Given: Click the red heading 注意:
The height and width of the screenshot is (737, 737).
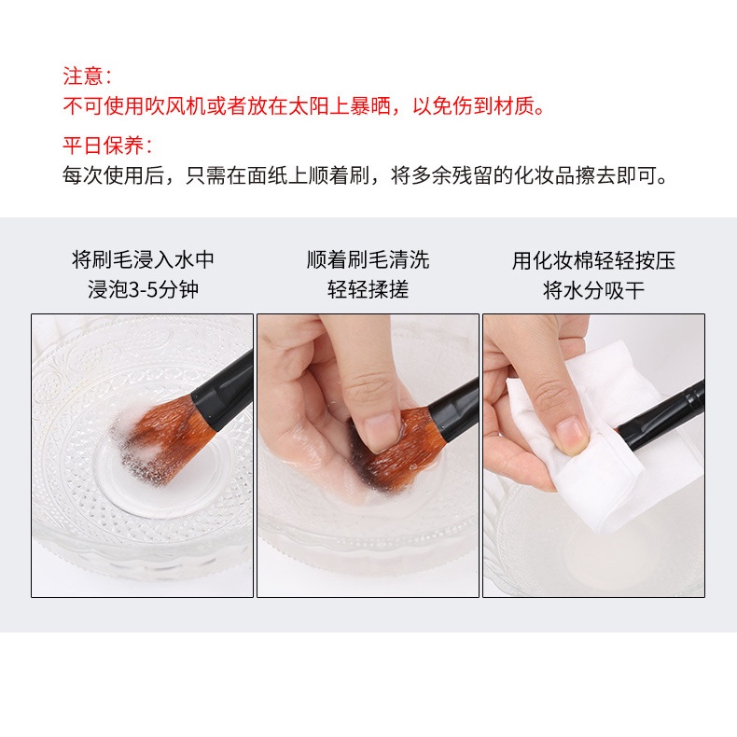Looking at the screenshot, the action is pyautogui.click(x=87, y=76).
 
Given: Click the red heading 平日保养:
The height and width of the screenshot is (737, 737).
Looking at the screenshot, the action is pyautogui.click(x=107, y=146).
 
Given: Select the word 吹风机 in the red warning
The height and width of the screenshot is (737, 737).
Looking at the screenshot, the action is pyautogui.click(x=174, y=106).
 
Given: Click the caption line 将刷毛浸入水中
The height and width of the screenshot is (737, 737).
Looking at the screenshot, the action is pyautogui.click(x=143, y=259).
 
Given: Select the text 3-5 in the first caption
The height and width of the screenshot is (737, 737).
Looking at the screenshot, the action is pyautogui.click(x=143, y=289).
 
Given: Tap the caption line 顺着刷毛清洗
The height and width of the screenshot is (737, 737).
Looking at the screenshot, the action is pyautogui.click(x=368, y=259).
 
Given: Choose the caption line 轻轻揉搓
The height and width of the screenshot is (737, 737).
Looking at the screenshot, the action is pyautogui.click(x=368, y=289).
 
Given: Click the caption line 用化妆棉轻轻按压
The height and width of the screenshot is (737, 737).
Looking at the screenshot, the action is pyautogui.click(x=593, y=260).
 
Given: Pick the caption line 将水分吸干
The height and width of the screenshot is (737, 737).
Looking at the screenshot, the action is pyautogui.click(x=593, y=290).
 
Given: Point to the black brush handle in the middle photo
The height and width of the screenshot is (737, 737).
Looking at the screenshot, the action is pyautogui.click(x=454, y=410).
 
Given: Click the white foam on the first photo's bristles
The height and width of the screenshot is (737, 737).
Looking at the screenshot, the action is pyautogui.click(x=136, y=433).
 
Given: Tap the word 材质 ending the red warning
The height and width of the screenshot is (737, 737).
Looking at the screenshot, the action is pyautogui.click(x=514, y=106).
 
